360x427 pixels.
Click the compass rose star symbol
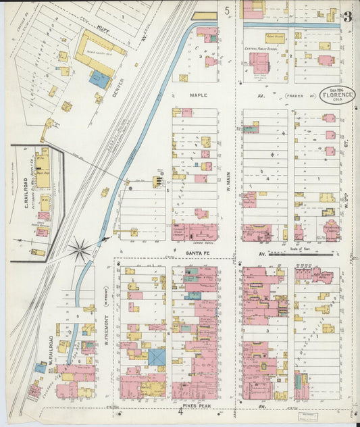pos(80,251)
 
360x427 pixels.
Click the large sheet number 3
pos(346,17)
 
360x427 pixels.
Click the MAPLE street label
pos(199,96)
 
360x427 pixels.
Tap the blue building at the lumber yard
pos(99,80)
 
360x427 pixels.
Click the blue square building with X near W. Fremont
pos(157,357)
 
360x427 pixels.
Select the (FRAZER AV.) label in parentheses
pos(301,96)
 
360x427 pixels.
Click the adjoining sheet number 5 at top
pos(228,10)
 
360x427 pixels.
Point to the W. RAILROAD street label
pos(49,348)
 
